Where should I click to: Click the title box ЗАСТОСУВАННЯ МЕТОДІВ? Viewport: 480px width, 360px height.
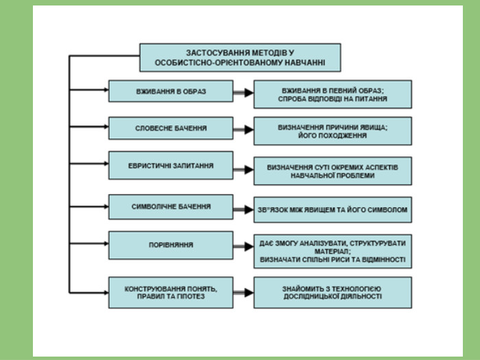(240, 58)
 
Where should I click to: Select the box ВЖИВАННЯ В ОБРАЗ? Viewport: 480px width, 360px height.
(171, 91)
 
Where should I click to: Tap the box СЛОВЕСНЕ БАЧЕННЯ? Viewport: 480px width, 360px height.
(171, 128)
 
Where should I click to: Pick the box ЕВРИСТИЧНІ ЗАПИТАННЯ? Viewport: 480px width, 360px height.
(171, 165)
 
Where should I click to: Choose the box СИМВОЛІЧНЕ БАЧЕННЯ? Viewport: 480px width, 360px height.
(171, 207)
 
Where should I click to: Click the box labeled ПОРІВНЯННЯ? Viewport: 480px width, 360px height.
(171, 245)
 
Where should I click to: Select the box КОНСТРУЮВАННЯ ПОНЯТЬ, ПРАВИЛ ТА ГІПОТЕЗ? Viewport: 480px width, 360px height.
(171, 293)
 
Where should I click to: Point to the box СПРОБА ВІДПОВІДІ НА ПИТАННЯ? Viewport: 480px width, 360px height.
(333, 95)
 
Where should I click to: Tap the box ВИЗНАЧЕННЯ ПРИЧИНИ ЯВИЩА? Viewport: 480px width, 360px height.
(333, 131)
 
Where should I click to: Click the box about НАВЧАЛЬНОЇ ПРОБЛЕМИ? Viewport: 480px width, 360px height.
(333, 171)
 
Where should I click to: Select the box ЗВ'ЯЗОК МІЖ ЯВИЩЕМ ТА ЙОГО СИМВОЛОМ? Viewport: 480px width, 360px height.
(333, 210)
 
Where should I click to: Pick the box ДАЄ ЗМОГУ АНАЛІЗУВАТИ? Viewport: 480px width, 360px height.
(333, 252)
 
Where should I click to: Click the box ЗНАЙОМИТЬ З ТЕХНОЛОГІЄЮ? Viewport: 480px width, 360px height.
(333, 293)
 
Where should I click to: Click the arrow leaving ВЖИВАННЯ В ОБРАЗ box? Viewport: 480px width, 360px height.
(243, 93)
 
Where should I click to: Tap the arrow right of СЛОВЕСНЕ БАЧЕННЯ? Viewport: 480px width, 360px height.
(243, 130)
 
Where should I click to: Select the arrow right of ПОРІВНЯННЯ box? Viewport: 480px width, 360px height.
(243, 246)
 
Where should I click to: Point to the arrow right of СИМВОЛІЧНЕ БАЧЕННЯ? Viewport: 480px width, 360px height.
(243, 210)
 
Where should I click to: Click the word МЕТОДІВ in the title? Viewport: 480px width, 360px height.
(272, 53)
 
